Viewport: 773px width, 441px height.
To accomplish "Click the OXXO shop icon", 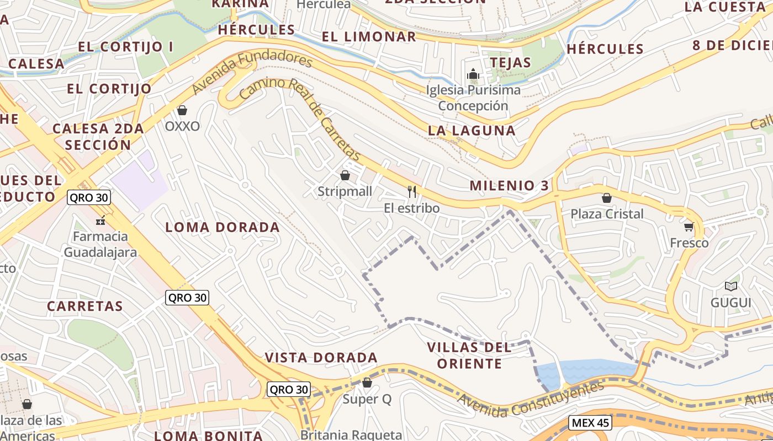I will point(182,110).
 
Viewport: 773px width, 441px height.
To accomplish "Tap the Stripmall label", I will point(345,192).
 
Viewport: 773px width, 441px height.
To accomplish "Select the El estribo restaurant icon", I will point(412,192).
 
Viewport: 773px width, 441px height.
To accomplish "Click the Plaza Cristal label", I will point(607,214).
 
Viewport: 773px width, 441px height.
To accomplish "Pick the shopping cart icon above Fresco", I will point(689,227).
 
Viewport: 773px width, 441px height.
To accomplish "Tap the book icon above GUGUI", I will point(731,286).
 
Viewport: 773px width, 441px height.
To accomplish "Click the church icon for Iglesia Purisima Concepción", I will point(473,74).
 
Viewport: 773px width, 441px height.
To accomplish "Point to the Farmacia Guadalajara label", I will point(100,244).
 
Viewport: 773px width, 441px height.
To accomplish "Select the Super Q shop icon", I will point(367,383).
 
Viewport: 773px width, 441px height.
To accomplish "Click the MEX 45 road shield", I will point(590,423).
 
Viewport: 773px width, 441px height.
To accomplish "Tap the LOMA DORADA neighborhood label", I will point(223,227).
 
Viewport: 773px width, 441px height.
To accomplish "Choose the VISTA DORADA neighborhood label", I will point(321,358).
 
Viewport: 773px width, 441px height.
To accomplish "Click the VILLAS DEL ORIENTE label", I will point(469,356).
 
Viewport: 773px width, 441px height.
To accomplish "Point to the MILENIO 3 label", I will point(509,186).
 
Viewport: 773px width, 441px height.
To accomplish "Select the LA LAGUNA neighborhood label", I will point(472,131).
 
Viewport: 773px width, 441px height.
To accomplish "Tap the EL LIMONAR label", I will point(369,37).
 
